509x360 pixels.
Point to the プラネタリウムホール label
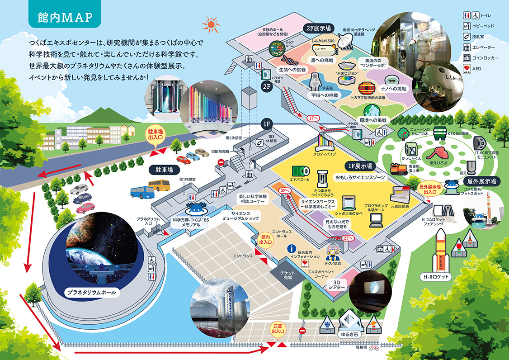(x=90, y=292)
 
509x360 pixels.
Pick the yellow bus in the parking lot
(x=159, y=185)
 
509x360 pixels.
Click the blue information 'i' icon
(x=292, y=249)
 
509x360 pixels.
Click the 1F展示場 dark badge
(x=360, y=166)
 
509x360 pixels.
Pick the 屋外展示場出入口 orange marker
(x=430, y=189)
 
